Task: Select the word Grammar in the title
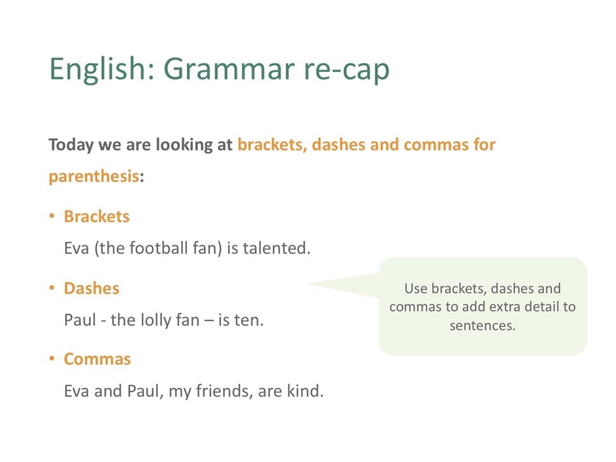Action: coord(229,69)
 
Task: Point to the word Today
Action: coord(71,145)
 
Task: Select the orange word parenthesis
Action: coord(94,176)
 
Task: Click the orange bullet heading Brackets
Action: coord(97,217)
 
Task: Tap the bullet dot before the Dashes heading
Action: coord(52,288)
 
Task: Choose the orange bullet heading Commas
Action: coord(97,359)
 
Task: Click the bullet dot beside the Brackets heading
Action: coord(52,216)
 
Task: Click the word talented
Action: coord(277,248)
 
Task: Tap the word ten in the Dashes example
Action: coord(249,320)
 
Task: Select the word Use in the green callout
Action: coord(416,289)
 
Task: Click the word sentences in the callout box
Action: coord(483,325)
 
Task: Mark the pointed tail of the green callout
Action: coord(307,283)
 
